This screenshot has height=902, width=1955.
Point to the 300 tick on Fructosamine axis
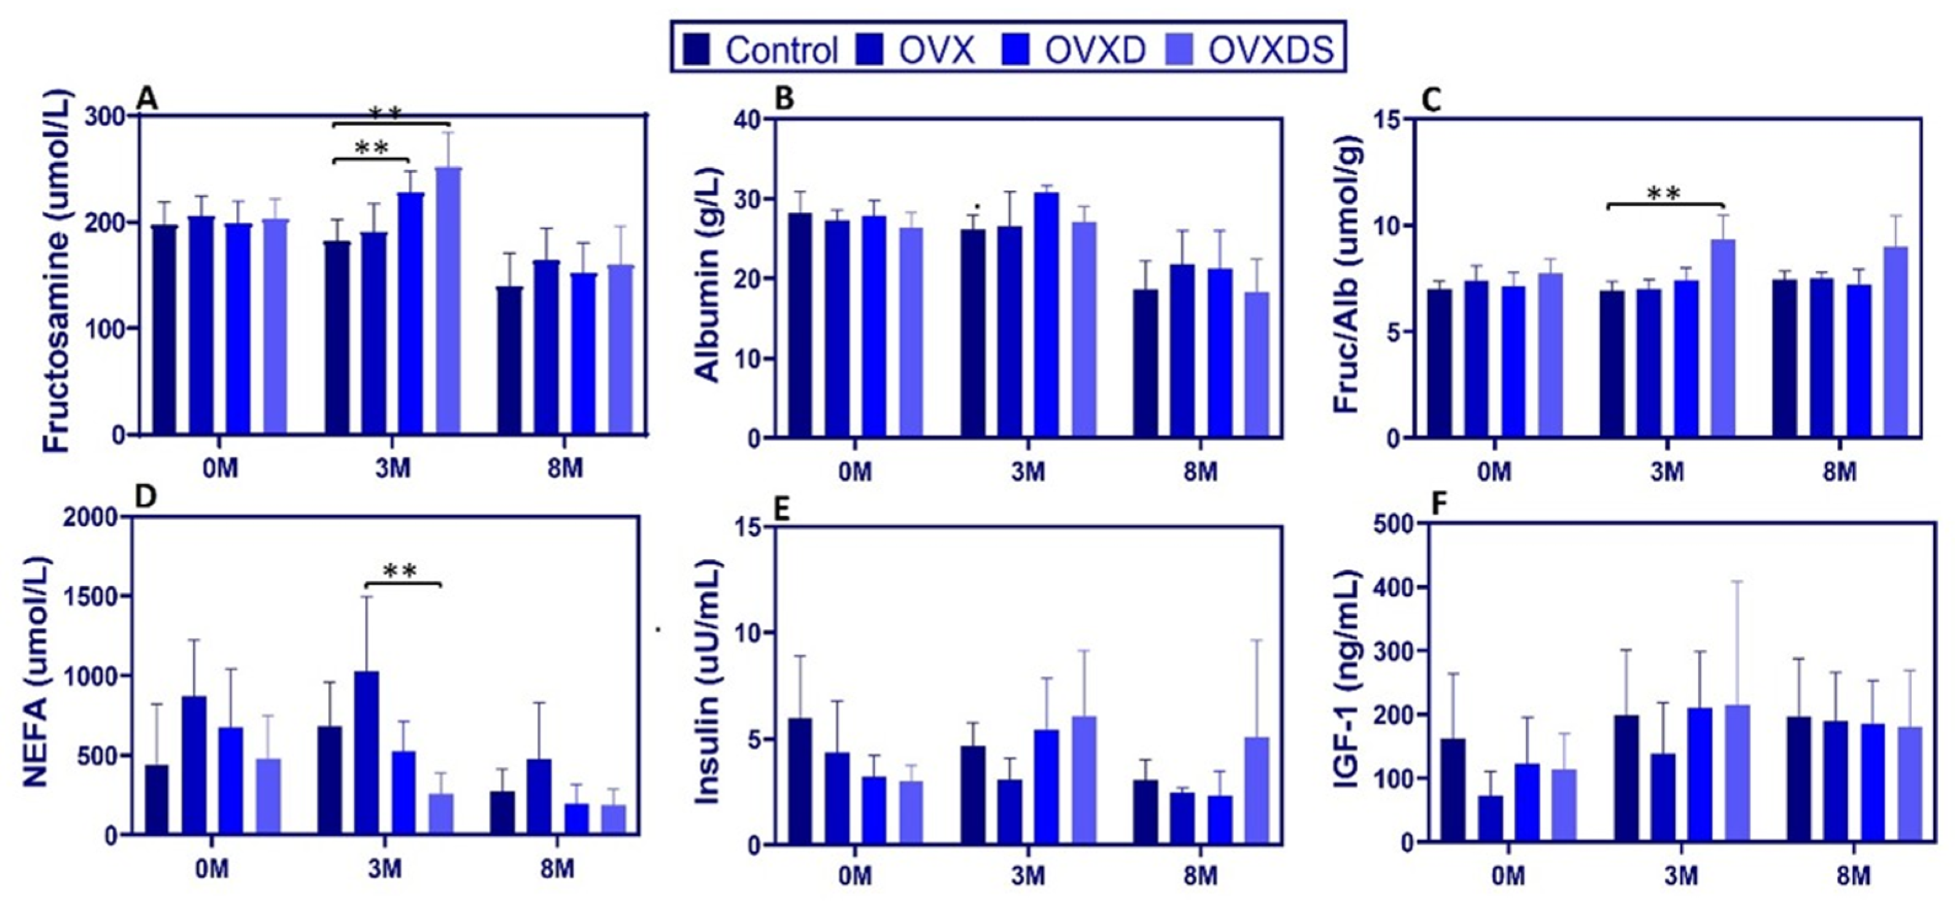(x=106, y=116)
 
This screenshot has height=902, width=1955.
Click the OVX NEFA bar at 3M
(x=367, y=751)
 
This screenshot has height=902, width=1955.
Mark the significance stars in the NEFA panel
(x=400, y=571)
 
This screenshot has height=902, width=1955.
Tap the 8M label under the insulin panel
(x=1200, y=877)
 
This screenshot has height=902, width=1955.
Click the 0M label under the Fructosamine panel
(x=221, y=468)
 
